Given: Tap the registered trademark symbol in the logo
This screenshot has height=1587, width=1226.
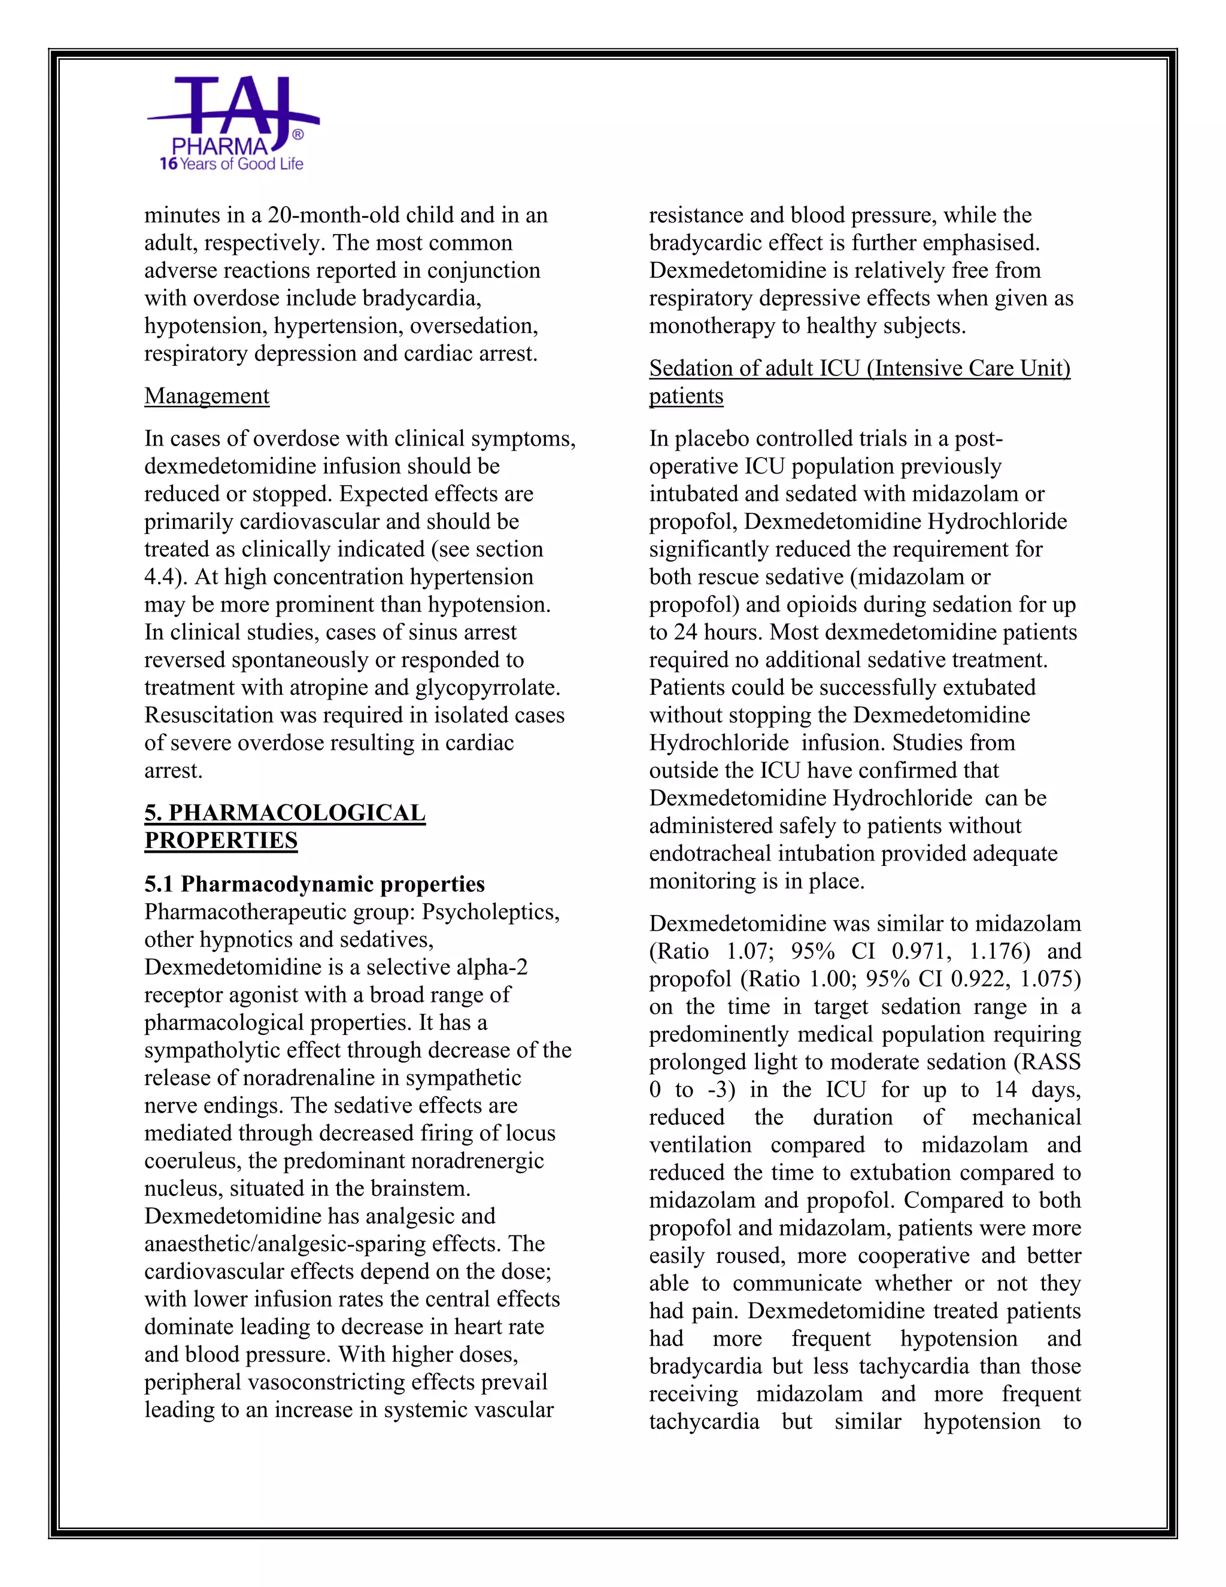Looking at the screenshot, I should [x=297, y=134].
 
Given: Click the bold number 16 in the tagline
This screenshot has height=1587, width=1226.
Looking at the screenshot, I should [x=168, y=164].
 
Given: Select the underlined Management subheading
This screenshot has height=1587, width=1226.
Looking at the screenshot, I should [x=207, y=396].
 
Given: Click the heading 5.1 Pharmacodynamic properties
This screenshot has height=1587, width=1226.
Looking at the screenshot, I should [x=314, y=885].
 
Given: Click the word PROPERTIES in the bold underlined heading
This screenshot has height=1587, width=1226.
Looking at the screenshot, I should [x=221, y=840].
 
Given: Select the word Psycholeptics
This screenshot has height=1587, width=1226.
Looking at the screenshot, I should [x=490, y=912].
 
